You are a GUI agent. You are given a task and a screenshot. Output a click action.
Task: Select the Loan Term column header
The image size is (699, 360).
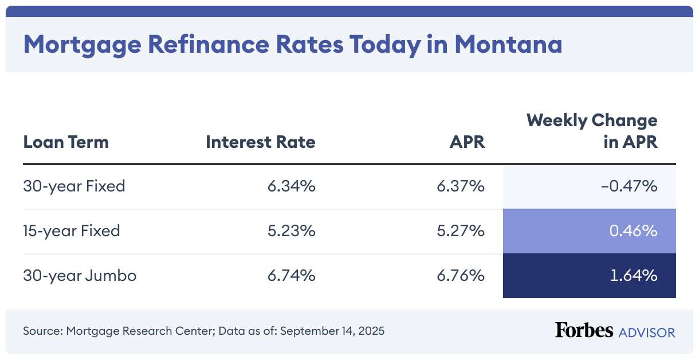pyautogui.click(x=66, y=142)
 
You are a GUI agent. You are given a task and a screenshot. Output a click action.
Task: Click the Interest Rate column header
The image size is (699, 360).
pyautogui.click(x=261, y=142)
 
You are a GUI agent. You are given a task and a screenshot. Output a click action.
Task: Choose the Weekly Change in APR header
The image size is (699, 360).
pyautogui.click(x=592, y=131)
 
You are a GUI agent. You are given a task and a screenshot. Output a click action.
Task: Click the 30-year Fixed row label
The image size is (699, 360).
pyautogui.click(x=74, y=186)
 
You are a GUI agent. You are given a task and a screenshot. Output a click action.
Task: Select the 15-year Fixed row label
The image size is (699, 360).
pyautogui.click(x=72, y=231)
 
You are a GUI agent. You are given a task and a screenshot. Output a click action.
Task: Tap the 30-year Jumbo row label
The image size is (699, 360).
pyautogui.click(x=80, y=276)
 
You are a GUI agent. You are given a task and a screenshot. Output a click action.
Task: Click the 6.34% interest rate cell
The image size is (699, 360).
pyautogui.click(x=291, y=186)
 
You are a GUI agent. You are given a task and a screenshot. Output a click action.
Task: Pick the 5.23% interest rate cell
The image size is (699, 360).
pyautogui.click(x=291, y=231)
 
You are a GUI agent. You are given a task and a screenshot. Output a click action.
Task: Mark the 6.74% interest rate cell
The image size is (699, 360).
pyautogui.click(x=291, y=276)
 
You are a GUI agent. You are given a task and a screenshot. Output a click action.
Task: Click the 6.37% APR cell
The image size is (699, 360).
pyautogui.click(x=461, y=186)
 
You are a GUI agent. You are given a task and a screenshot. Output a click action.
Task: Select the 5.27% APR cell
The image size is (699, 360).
pyautogui.click(x=461, y=231)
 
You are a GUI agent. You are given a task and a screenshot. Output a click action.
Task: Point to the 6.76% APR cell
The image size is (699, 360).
pyautogui.click(x=461, y=276)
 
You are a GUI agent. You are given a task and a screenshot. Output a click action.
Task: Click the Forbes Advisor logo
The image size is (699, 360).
pyautogui.click(x=615, y=331)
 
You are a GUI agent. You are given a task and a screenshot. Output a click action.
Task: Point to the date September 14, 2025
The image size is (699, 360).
pyautogui.click(x=332, y=331)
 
